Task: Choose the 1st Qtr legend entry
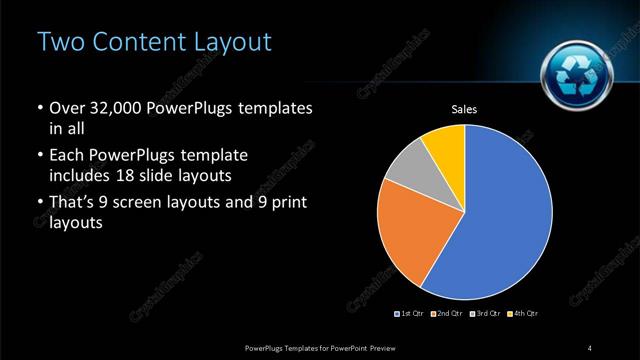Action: pyautogui.click(x=411, y=314)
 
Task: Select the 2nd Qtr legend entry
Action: pyautogui.click(x=446, y=314)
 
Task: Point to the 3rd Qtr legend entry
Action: pyautogui.click(x=483, y=314)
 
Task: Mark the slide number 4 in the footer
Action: pyautogui.click(x=590, y=347)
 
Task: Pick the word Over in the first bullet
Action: pyautogui.click(x=66, y=108)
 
